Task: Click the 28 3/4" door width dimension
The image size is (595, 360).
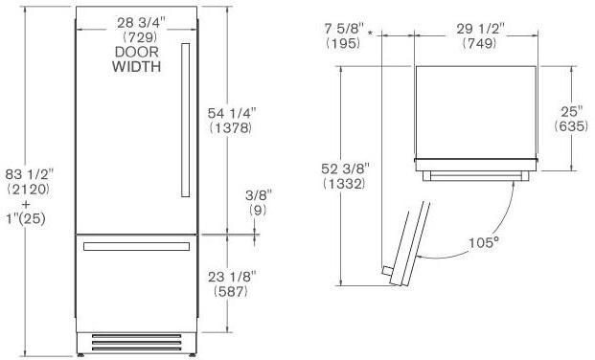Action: (141, 23)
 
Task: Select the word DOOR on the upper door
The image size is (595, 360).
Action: (137, 52)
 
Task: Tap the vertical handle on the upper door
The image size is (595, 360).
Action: (186, 120)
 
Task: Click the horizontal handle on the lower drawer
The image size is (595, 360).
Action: (137, 247)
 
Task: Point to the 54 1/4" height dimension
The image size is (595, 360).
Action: (232, 113)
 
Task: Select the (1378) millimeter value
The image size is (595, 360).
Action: (231, 128)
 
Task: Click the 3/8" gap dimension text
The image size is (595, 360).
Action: (259, 195)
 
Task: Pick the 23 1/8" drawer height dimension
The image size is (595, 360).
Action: (232, 277)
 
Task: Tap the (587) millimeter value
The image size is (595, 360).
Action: (231, 291)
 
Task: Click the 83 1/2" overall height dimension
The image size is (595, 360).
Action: (30, 174)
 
